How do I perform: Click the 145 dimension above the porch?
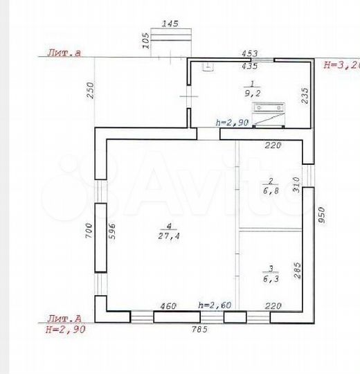[x=170, y=24]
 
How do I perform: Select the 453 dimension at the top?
[x=250, y=53]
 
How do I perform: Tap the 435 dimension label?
[x=250, y=66]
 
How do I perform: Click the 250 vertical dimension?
[x=91, y=91]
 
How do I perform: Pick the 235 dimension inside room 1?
[x=304, y=95]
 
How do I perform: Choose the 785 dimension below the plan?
[x=199, y=330]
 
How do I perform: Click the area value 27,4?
[x=165, y=235]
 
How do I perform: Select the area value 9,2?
[x=249, y=90]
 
